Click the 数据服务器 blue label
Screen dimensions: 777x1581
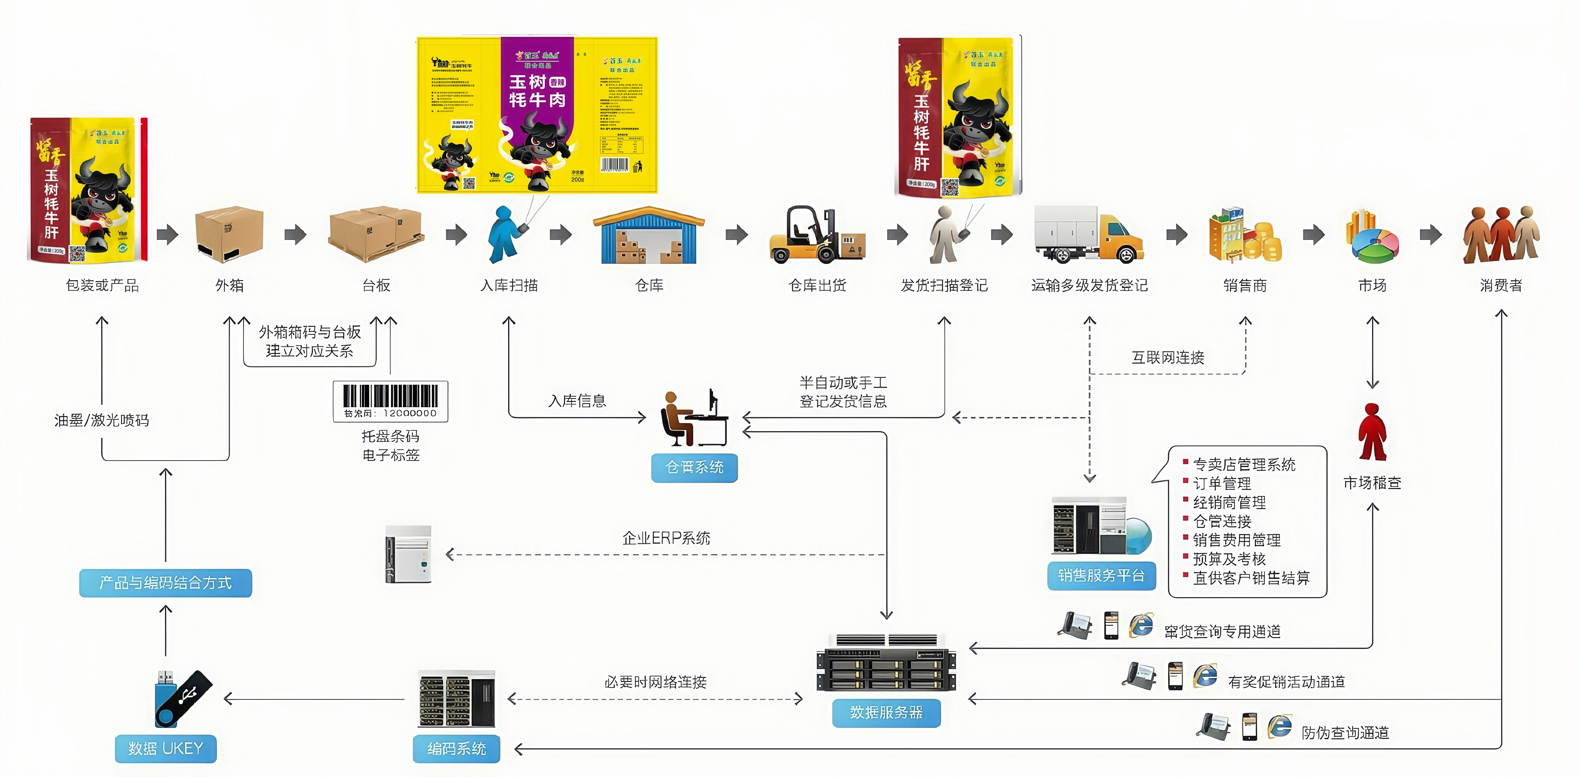886,712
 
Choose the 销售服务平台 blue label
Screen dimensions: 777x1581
1101,576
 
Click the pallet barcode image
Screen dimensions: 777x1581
390,401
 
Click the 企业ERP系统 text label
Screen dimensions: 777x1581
666,538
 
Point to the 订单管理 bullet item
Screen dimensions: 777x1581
1221,484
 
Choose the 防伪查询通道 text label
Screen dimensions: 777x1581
1345,733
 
